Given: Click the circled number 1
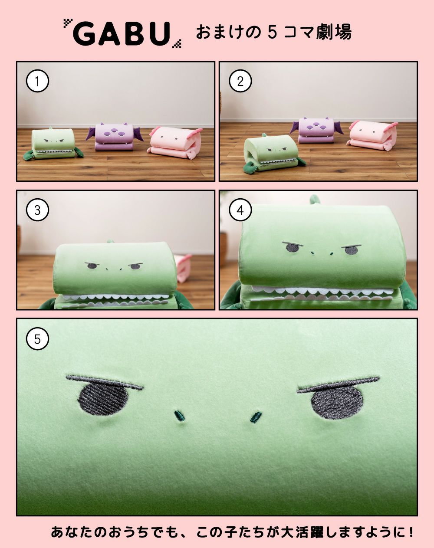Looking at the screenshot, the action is [x=37, y=82].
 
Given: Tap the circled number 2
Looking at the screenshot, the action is [x=240, y=82].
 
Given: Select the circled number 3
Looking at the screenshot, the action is [x=37, y=210].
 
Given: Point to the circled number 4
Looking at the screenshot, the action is [x=240, y=210].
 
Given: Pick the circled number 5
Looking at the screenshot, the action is [x=37, y=339].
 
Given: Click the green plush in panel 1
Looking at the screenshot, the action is [x=53, y=144].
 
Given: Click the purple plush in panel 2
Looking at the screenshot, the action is [x=316, y=130].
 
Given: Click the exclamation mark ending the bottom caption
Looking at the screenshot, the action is [x=410, y=532].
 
